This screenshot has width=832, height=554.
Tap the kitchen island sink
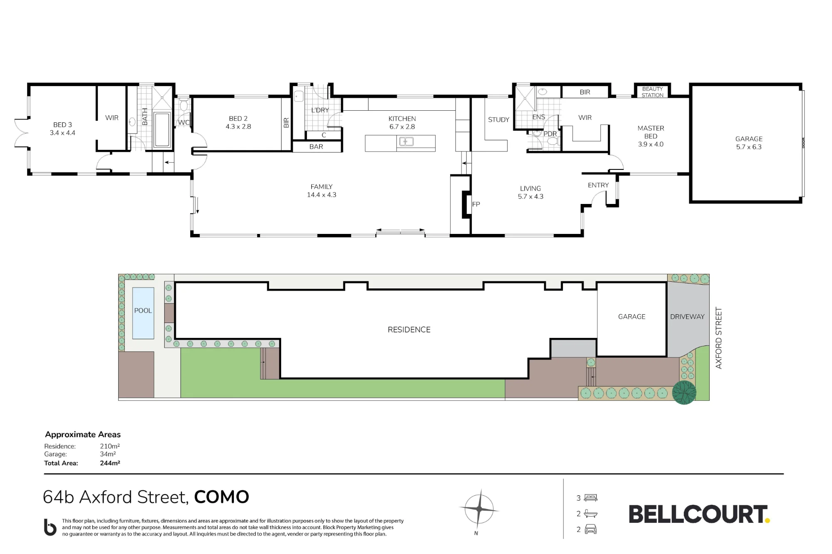(x=406, y=142)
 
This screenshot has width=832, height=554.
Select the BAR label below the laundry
(x=316, y=147)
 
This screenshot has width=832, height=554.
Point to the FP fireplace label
(x=476, y=204)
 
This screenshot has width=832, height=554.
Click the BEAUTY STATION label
(x=652, y=92)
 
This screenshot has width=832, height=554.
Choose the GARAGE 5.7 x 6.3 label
(x=749, y=143)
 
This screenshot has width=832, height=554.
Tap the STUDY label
(x=498, y=120)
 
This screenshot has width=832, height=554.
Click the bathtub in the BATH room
(x=162, y=130)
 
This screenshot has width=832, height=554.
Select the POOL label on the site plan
(x=143, y=311)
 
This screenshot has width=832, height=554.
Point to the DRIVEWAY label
(x=687, y=317)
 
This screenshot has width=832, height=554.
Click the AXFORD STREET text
(x=718, y=338)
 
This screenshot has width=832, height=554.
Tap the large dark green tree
(x=684, y=393)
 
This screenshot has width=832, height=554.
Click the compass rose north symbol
(x=479, y=509)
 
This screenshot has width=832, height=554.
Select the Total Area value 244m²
(x=110, y=463)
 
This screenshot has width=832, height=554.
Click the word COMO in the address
(x=222, y=497)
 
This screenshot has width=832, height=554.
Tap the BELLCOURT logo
(x=699, y=514)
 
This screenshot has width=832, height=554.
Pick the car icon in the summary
(x=590, y=529)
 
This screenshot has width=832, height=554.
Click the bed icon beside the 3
(x=591, y=498)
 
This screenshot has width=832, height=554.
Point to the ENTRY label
(x=598, y=185)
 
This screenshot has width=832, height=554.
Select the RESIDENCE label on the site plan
(x=409, y=330)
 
